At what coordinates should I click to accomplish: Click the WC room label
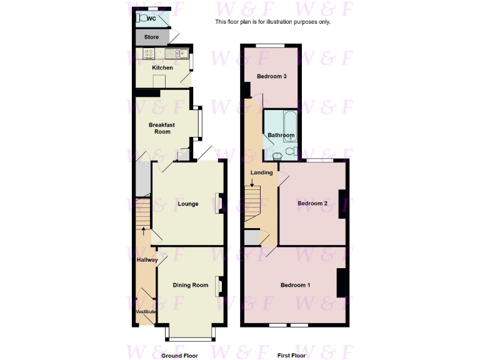pyautogui.click(x=151, y=18)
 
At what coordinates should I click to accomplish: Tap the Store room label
pyautogui.click(x=151, y=37)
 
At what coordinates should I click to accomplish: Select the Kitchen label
pyautogui.click(x=162, y=67)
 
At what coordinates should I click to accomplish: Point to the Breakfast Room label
pyautogui.click(x=161, y=128)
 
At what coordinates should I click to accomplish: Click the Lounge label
pyautogui.click(x=188, y=204)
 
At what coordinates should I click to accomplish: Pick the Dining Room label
pyautogui.click(x=191, y=285)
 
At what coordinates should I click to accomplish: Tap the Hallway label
pyautogui.click(x=147, y=259)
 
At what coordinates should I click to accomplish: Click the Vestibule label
pyautogui.click(x=146, y=311)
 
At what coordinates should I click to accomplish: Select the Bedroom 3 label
pyautogui.click(x=272, y=76)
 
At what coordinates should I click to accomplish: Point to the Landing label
pyautogui.click(x=261, y=172)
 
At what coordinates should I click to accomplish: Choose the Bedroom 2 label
pyautogui.click(x=312, y=204)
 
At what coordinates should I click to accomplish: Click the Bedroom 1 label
pyautogui.click(x=295, y=285)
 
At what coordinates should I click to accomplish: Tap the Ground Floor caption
pyautogui.click(x=179, y=355)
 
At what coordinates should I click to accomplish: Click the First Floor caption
pyautogui.click(x=292, y=355)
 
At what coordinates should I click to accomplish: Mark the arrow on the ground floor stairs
pyautogui.click(x=144, y=231)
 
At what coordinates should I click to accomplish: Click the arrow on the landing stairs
pyautogui.click(x=252, y=183)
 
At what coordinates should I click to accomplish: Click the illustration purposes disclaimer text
pyautogui.click(x=272, y=22)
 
